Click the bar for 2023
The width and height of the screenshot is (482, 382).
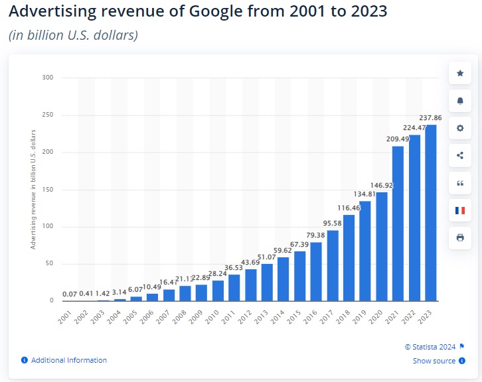(x=431, y=212)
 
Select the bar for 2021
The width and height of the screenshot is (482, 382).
(x=398, y=223)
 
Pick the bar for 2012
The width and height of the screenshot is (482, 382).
(x=251, y=285)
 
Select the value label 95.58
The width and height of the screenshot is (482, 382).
(x=333, y=223)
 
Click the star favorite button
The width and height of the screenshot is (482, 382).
(x=460, y=72)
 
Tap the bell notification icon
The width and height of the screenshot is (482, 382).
(x=460, y=100)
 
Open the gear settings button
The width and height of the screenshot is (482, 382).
(x=460, y=128)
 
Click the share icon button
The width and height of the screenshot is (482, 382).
(x=460, y=155)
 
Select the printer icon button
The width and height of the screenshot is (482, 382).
(x=460, y=237)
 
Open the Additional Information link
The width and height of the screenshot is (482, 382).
(x=68, y=360)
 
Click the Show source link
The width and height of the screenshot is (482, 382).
(x=434, y=361)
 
